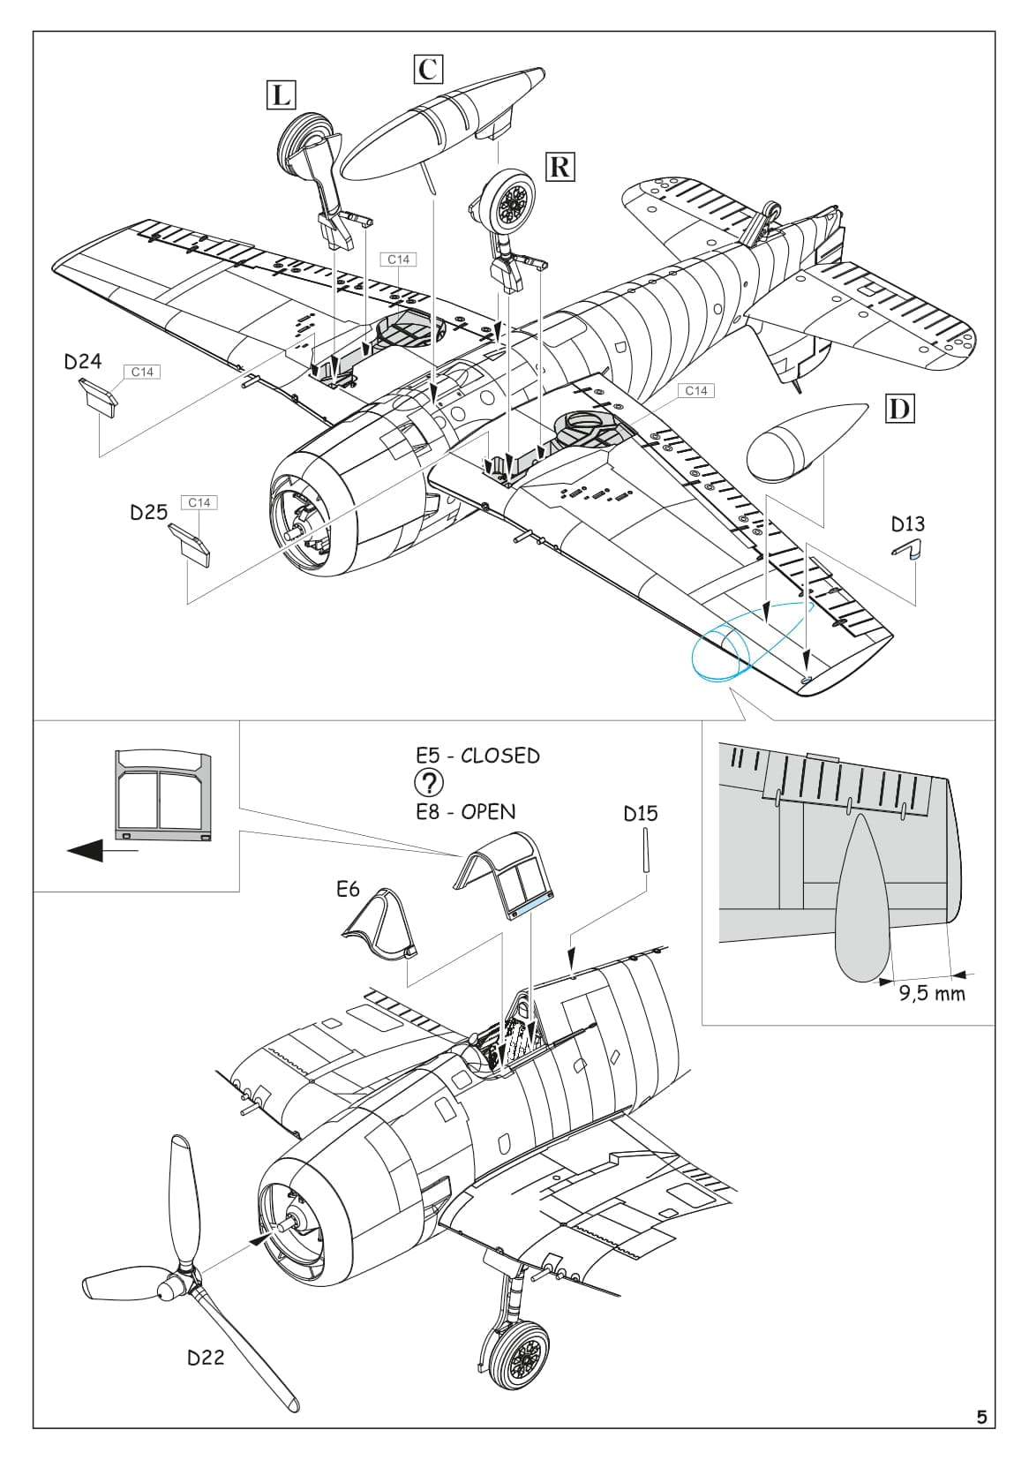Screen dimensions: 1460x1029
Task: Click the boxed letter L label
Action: (282, 94)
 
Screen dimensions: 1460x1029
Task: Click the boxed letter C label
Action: (428, 68)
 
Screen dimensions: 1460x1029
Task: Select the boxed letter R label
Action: (560, 166)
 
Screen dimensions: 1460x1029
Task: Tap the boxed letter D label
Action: (900, 409)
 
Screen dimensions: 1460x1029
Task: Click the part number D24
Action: (83, 361)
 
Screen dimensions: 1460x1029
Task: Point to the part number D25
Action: (149, 512)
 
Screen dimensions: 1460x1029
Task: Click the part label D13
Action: (908, 523)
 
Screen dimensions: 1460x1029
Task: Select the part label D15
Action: (641, 813)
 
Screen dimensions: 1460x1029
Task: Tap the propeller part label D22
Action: (206, 1358)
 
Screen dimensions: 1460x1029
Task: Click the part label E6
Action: (349, 889)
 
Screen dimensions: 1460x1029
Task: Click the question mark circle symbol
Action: (429, 783)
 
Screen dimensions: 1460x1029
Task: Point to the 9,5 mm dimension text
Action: (932, 994)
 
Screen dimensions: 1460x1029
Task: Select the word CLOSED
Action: (500, 756)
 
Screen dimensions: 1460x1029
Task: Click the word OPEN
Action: (489, 811)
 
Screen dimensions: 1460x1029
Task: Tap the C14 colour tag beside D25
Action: (199, 502)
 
